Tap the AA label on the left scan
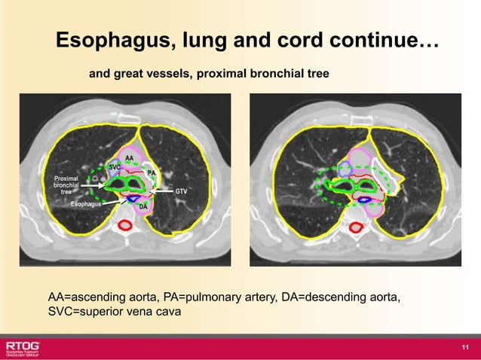click(x=129, y=157)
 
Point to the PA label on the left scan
click(x=151, y=172)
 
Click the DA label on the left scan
click(x=142, y=206)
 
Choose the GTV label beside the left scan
click(x=181, y=191)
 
